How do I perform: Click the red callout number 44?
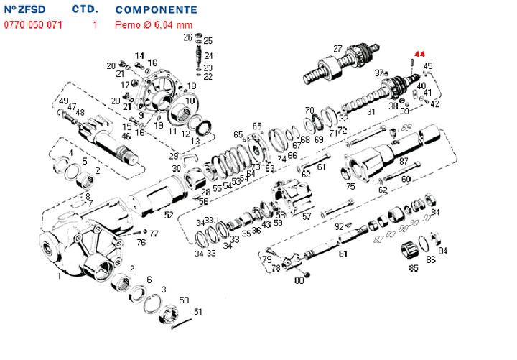tap(419, 55)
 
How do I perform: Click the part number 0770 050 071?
tap(34, 24)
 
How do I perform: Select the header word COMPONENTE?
tap(157, 11)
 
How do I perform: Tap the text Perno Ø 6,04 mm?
tap(154, 24)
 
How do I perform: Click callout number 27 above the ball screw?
tap(337, 49)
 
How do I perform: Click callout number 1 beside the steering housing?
tap(58, 275)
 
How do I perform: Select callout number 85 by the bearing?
tap(414, 269)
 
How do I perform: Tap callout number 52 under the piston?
tap(168, 215)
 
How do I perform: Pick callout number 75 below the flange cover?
tap(350, 186)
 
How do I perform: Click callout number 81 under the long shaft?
tap(343, 254)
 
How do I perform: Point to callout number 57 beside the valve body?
tap(307, 216)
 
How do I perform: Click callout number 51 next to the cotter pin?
tap(198, 312)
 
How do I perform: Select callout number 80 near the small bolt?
tap(299, 281)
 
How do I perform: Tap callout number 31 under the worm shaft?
tap(371, 112)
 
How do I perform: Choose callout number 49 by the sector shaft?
tap(63, 101)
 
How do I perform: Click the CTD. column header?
tap(85, 11)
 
